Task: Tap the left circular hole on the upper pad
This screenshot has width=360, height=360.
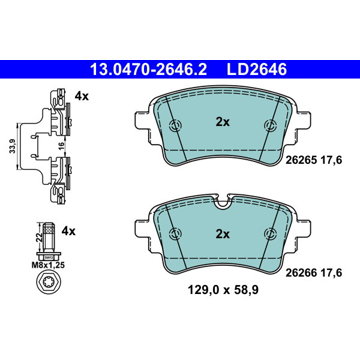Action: (x=175, y=125)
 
